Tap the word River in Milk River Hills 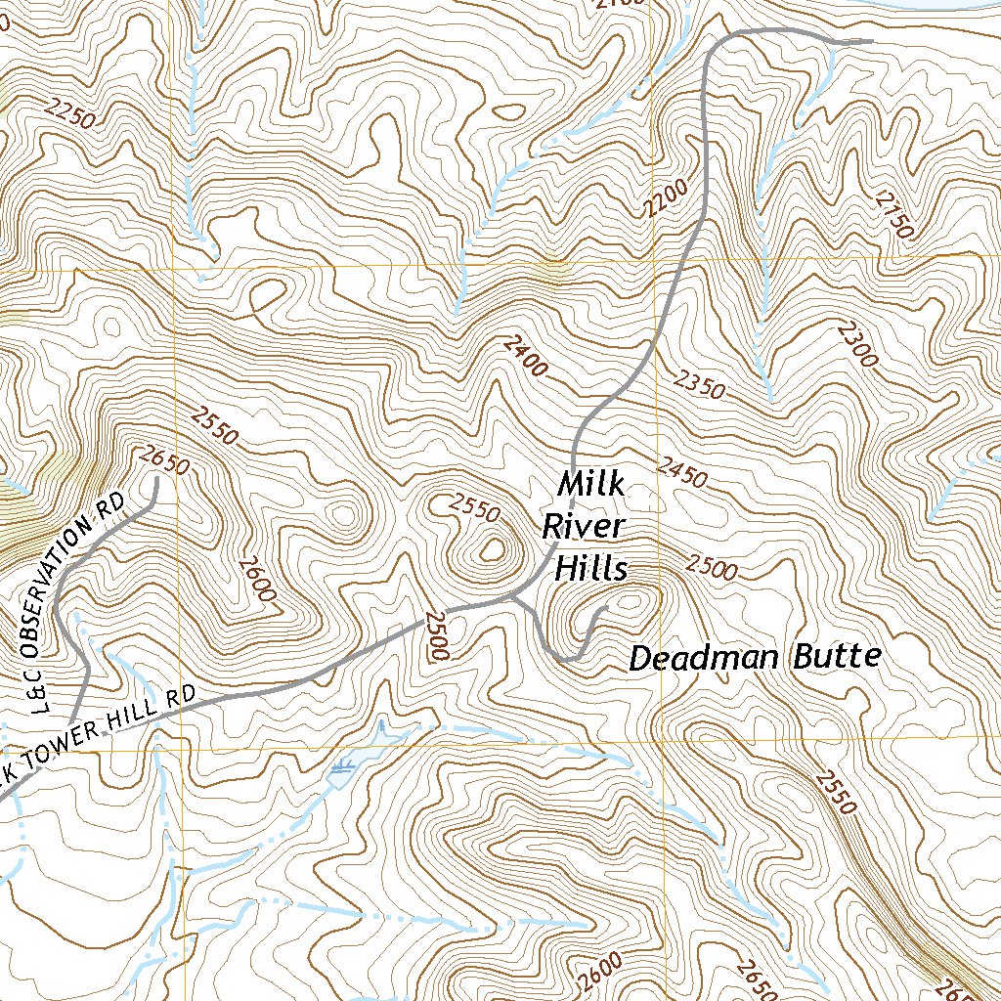click(583, 527)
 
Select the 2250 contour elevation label click(69, 114)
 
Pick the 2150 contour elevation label click(893, 213)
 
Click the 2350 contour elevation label click(699, 383)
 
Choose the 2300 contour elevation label click(857, 344)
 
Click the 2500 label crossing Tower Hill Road click(436, 636)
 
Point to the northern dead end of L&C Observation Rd click(155, 478)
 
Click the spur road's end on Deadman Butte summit click(607, 608)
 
